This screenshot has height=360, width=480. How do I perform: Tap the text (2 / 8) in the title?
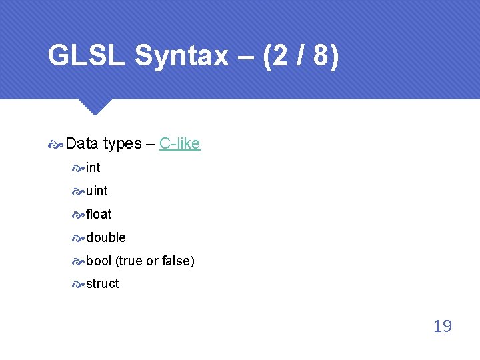pyautogui.click(x=301, y=56)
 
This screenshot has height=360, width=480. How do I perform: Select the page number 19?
pyautogui.click(x=442, y=326)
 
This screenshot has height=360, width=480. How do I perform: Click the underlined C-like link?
pyautogui.click(x=180, y=143)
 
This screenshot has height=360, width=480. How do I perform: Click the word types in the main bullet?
pyautogui.click(x=122, y=143)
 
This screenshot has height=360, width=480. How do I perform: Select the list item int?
pyautogui.click(x=93, y=167)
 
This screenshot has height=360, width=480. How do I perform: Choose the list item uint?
pyautogui.click(x=97, y=191)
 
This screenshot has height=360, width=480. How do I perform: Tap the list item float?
pyautogui.click(x=99, y=214)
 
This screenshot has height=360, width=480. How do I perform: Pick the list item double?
pyautogui.click(x=105, y=237)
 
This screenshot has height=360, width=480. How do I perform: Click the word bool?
pyautogui.click(x=99, y=261)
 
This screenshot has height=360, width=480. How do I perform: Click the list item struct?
pyautogui.click(x=102, y=283)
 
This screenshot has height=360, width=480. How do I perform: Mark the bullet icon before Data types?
pyautogui.click(x=56, y=144)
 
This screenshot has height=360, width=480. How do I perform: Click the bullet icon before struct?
pyautogui.click(x=78, y=284)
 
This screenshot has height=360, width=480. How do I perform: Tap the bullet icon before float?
pyautogui.click(x=78, y=215)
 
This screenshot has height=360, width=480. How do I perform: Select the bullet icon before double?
pyautogui.click(x=78, y=238)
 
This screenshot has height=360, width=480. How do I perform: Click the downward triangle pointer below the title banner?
pyautogui.click(x=94, y=107)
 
